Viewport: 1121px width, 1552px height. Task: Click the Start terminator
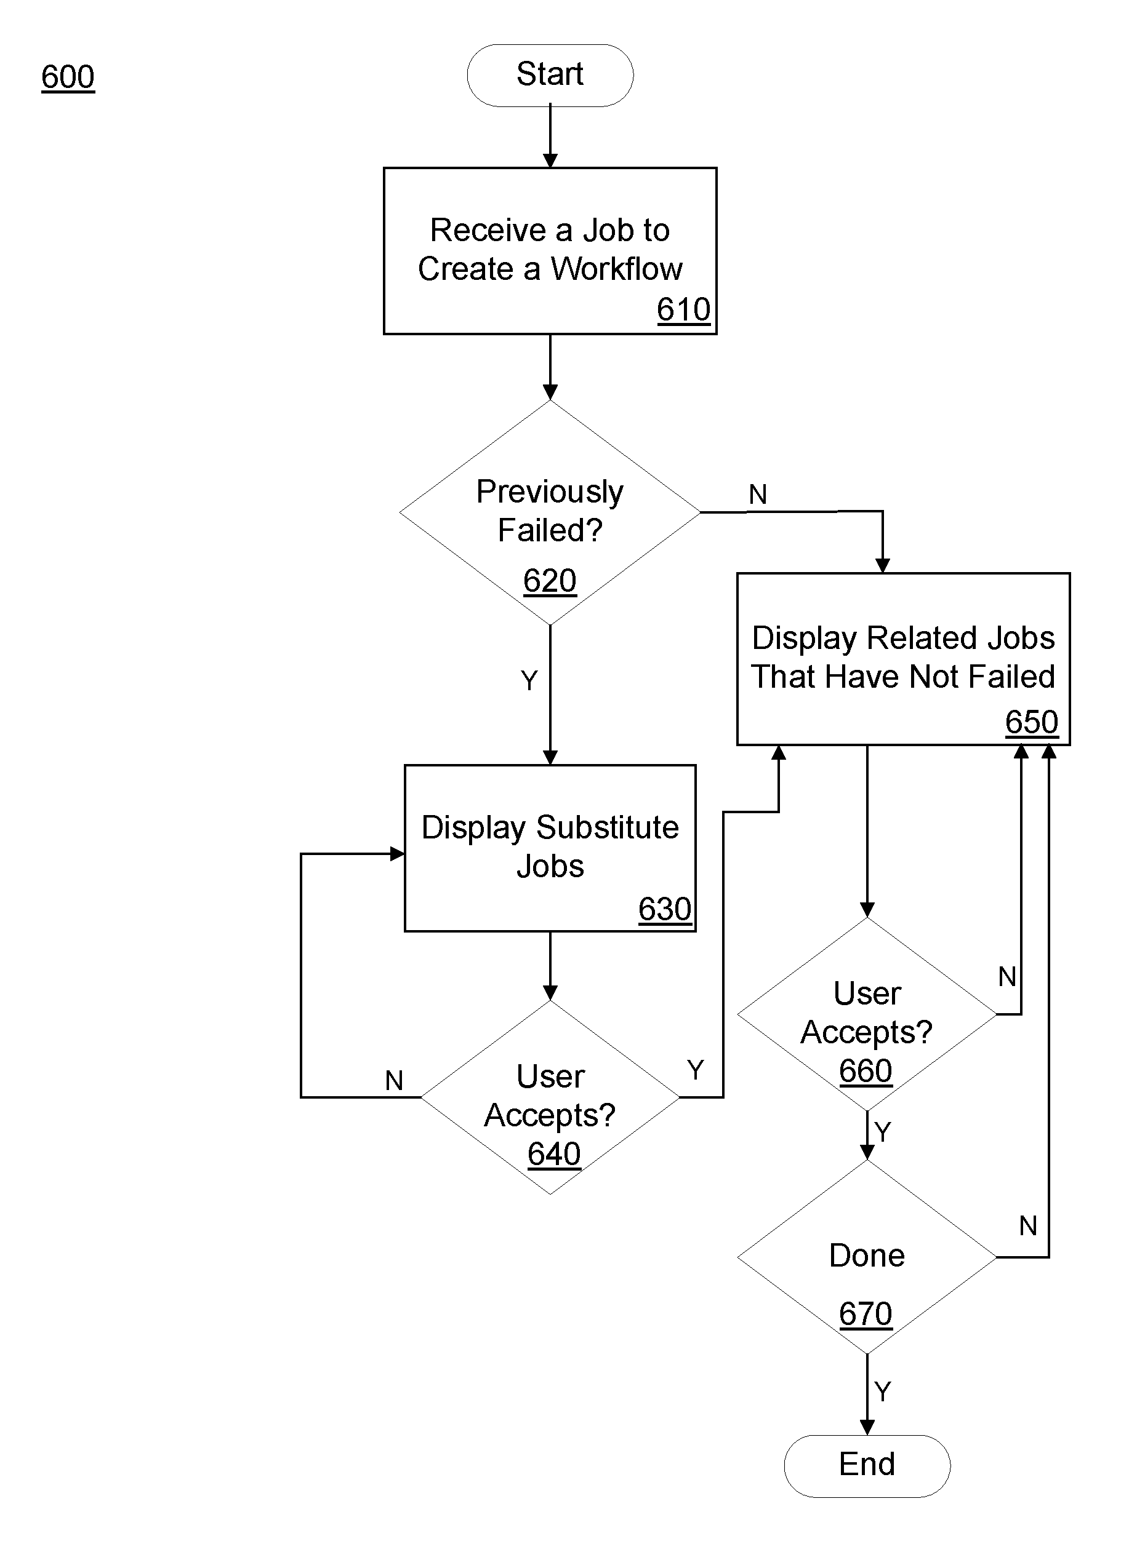tap(550, 75)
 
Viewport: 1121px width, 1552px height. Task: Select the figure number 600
tap(68, 77)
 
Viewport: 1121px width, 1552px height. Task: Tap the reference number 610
tap(683, 310)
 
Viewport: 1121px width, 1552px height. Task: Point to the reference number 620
tap(550, 581)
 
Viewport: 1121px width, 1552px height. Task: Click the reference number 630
tap(665, 909)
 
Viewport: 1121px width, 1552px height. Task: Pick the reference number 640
tap(554, 1154)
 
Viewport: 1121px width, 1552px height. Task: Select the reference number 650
tap(1032, 722)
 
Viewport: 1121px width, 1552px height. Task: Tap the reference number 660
tap(866, 1071)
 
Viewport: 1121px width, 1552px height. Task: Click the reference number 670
tap(866, 1314)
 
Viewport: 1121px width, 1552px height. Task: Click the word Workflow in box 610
tap(616, 269)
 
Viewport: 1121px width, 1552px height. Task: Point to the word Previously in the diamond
tap(550, 493)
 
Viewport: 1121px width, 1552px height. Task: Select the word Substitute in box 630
tap(608, 827)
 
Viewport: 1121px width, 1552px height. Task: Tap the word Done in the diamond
tap(867, 1256)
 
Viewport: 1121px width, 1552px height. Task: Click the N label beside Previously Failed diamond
tap(757, 494)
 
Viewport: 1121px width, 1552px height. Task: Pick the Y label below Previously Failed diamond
tap(529, 680)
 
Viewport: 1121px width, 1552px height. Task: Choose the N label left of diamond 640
tap(394, 1081)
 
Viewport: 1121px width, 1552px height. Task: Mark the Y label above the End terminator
tap(883, 1392)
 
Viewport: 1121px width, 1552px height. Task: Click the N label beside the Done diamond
tap(1028, 1225)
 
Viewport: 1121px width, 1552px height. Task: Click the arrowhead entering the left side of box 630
tap(397, 854)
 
